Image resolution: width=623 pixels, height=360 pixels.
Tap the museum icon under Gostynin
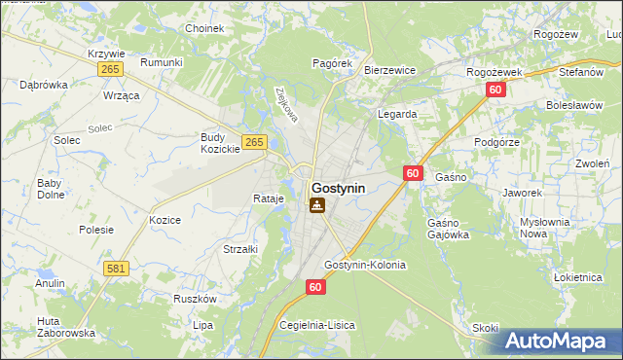317,205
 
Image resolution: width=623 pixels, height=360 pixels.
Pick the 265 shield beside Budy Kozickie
254,142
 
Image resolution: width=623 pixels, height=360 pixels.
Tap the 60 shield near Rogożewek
495,90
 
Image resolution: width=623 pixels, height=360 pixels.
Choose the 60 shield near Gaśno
413,173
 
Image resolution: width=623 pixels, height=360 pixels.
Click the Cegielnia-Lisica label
317,324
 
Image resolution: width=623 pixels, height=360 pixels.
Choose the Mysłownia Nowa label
544,228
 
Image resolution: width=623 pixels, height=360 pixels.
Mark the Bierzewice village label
389,70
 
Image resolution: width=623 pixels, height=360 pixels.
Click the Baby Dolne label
50,188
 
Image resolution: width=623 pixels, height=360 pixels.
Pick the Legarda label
397,114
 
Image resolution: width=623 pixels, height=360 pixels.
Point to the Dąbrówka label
44,85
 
